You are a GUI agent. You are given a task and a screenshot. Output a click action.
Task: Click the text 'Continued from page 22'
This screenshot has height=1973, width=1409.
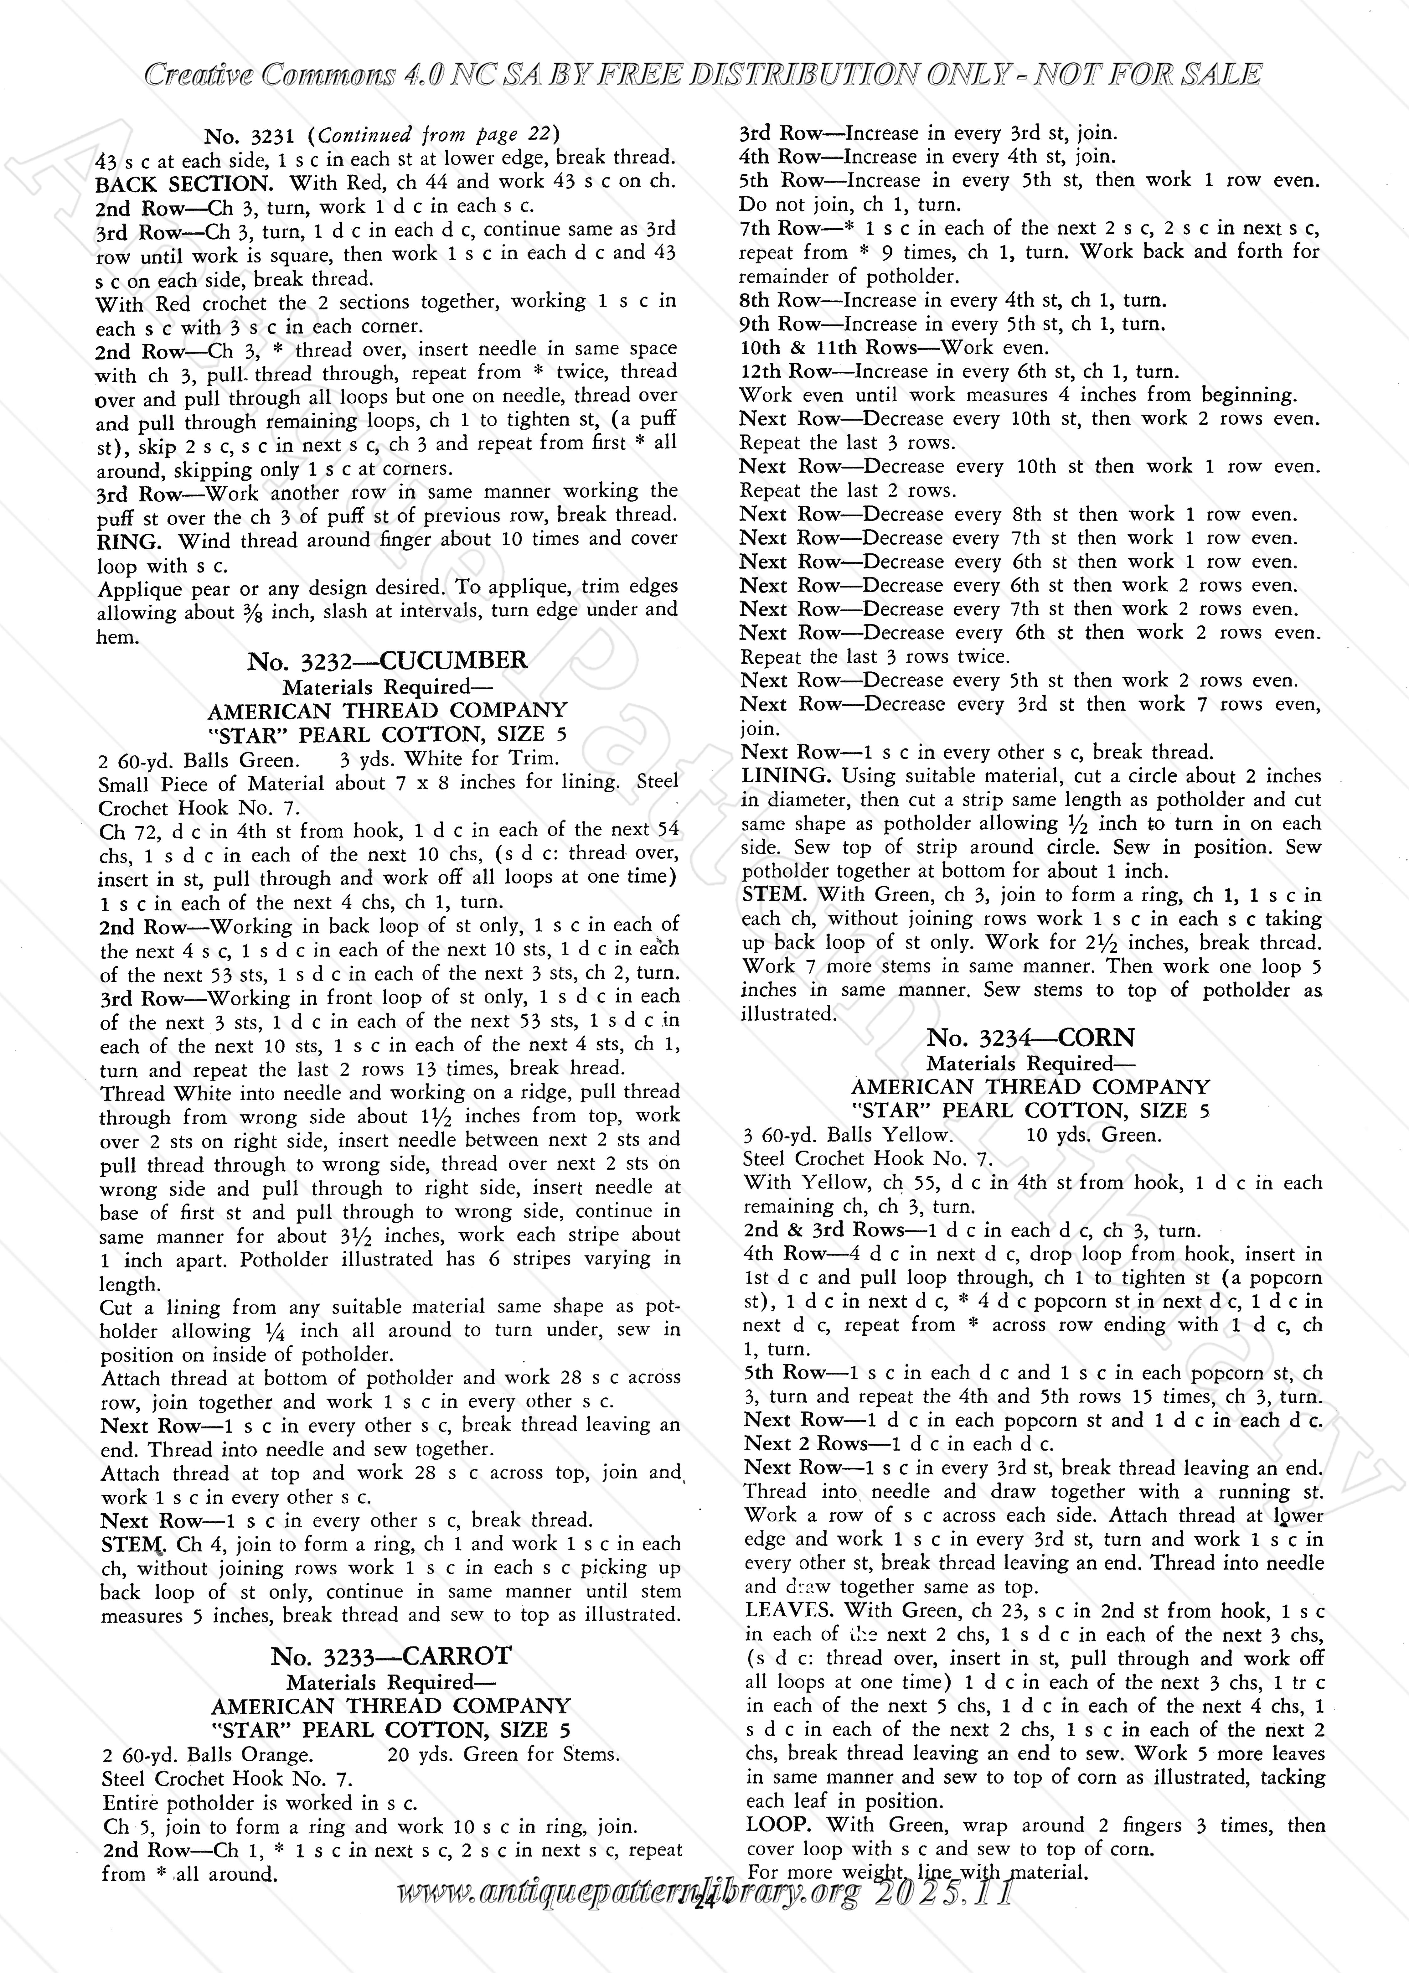438,135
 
